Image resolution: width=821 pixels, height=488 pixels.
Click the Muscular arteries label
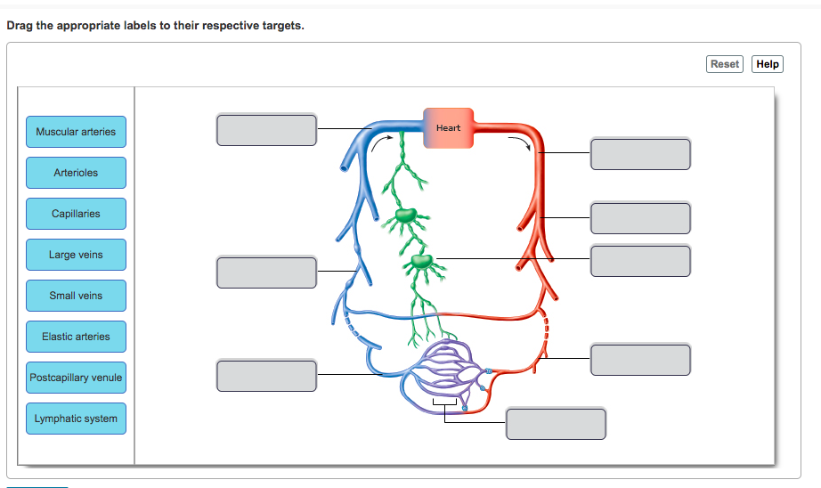pos(76,132)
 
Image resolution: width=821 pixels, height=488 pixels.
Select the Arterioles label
pos(76,173)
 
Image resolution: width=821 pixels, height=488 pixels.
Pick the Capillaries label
pos(76,214)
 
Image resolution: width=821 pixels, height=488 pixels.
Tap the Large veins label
pos(76,255)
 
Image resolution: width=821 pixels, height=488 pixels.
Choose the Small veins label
pos(76,296)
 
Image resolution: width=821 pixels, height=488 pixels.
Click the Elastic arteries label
pos(76,337)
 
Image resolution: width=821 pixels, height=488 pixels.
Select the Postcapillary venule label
pos(76,378)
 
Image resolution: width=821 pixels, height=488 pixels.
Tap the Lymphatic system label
pos(76,419)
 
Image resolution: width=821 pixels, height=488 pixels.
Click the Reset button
pos(724,64)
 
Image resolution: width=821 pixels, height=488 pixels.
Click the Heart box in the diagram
pos(448,128)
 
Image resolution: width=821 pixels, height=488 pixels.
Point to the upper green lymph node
pos(406,215)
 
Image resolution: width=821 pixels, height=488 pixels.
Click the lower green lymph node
pos(421,262)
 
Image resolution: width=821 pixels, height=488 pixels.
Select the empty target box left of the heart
pos(266,129)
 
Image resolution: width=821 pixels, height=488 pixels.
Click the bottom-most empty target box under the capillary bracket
pos(556,423)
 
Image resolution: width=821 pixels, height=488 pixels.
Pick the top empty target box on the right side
pos(640,153)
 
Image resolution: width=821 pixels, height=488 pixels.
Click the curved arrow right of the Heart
pos(519,142)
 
